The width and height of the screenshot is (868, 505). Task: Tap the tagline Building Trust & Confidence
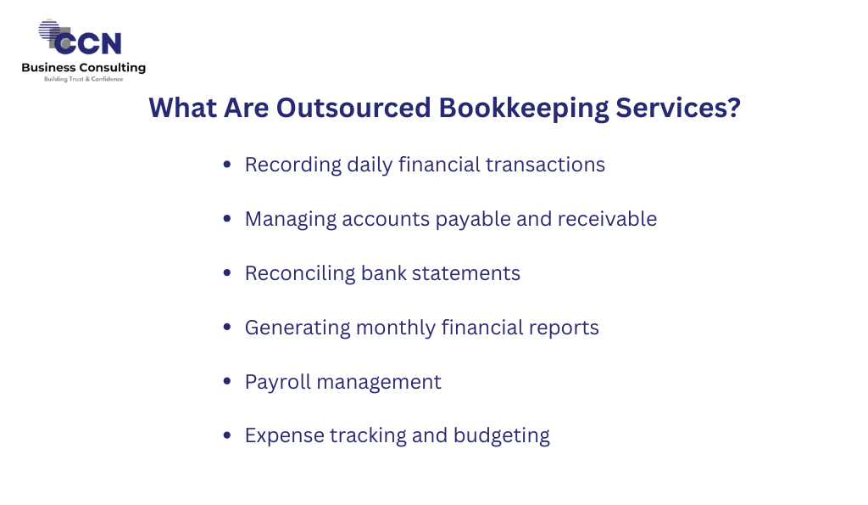pos(84,79)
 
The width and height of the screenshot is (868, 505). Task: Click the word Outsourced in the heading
pos(353,108)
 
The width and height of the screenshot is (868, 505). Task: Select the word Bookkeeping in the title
pos(523,109)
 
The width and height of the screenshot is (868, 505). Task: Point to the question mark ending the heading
pos(734,108)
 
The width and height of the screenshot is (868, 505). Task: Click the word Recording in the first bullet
pos(292,166)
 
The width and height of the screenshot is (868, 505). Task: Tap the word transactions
pos(545,165)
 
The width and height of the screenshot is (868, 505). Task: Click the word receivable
pos(607,219)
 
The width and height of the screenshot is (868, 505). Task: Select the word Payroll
pos(278,383)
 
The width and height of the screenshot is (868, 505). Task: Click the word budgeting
pos(502,436)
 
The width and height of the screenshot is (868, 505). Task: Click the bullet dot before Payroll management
pos(227,381)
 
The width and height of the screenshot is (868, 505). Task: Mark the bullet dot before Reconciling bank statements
pos(227,272)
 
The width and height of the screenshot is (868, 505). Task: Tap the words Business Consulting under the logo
pos(84,68)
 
